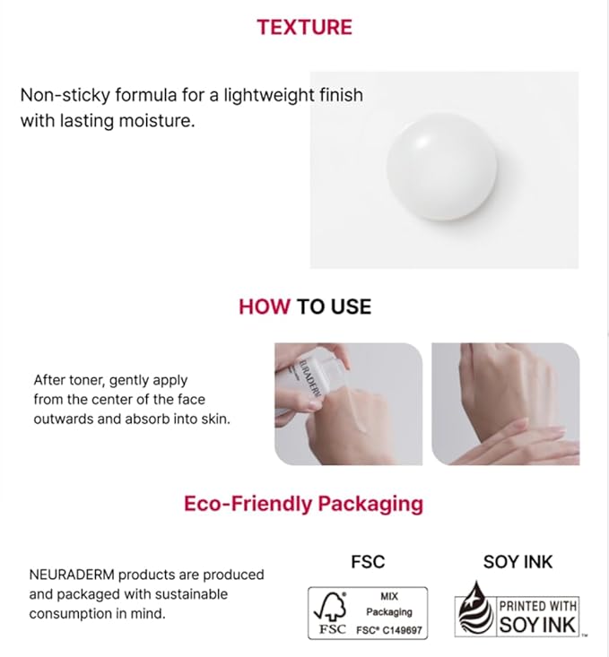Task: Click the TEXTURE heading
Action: [304, 27]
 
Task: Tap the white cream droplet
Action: [441, 169]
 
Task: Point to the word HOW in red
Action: [265, 307]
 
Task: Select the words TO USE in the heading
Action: [334, 307]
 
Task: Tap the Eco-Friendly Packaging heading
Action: [303, 503]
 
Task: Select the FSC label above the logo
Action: [367, 562]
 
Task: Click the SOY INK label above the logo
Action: [518, 562]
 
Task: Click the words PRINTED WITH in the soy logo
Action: [538, 606]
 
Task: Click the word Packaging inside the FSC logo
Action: [388, 611]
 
